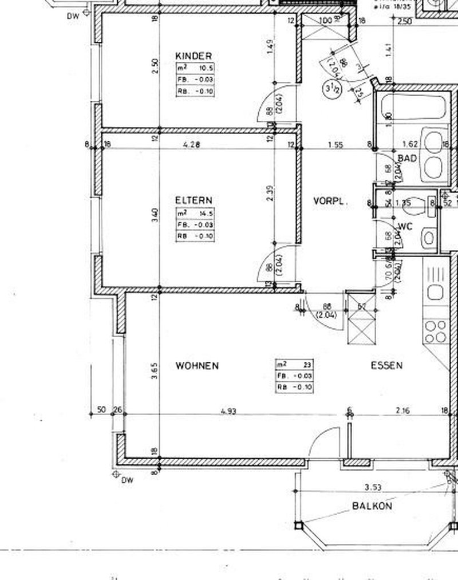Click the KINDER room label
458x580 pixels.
(x=194, y=56)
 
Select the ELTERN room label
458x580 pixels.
(x=194, y=200)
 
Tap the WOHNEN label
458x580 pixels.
(x=197, y=365)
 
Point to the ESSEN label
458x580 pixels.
(x=386, y=365)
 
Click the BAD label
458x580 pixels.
(x=406, y=158)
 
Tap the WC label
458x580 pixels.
(x=405, y=226)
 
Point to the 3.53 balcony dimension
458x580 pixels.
(x=373, y=488)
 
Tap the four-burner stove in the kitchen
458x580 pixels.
(x=435, y=332)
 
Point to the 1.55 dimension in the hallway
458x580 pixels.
(x=335, y=145)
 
